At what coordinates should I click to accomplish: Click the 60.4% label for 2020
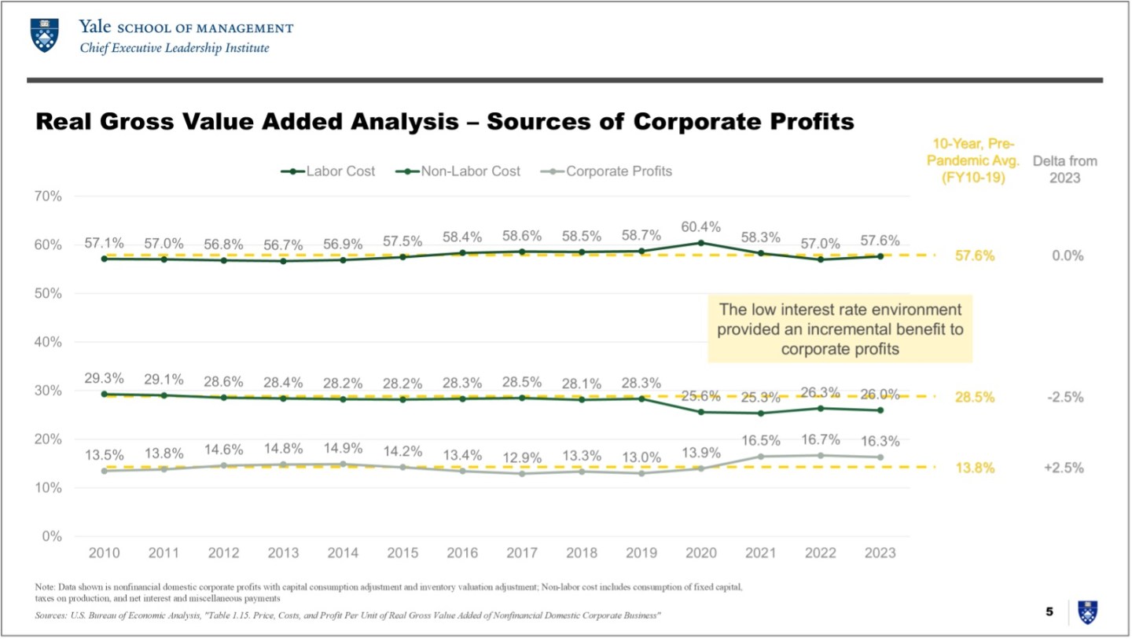click(700, 227)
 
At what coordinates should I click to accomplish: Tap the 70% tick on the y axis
click(47, 196)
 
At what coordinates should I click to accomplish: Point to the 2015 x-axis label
click(402, 553)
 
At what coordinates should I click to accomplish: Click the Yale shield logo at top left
click(43, 35)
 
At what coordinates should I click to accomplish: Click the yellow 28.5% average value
click(975, 397)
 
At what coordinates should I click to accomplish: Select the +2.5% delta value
click(1064, 468)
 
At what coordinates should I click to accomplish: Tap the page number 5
click(1049, 611)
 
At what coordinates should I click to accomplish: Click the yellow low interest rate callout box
click(840, 329)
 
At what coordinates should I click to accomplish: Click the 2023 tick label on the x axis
click(880, 553)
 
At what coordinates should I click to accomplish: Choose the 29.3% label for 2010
click(105, 378)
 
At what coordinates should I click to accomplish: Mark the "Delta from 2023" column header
click(1064, 169)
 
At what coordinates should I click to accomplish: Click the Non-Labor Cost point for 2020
click(701, 412)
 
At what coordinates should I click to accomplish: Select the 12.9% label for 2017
click(522, 457)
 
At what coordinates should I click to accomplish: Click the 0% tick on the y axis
click(51, 536)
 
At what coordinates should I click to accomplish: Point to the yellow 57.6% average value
click(975, 256)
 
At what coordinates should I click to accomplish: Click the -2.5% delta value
click(1065, 397)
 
